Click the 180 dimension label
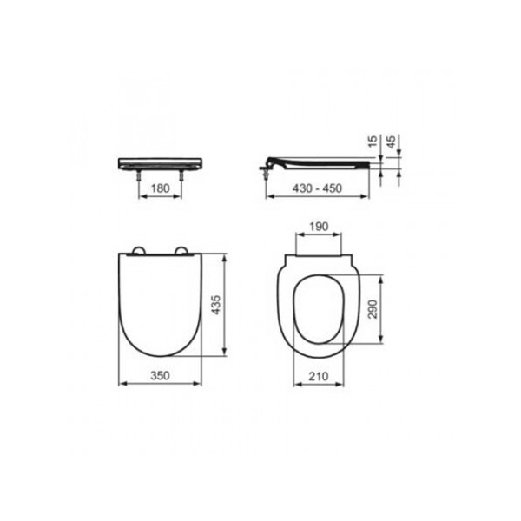pos(160,188)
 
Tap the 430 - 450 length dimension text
pos(317,188)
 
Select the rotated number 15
pos(373,142)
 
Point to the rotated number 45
pos(392,142)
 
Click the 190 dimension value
pos(319,227)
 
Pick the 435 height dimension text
pos(216,305)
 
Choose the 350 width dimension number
pos(160,375)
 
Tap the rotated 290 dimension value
pos(373,309)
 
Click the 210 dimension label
pos(319,376)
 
